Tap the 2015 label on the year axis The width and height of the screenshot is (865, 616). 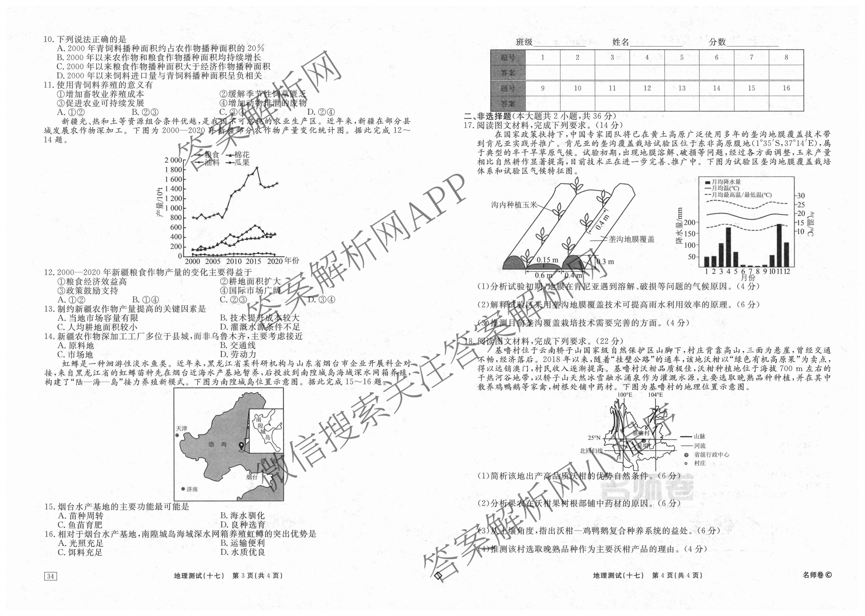(x=253, y=261)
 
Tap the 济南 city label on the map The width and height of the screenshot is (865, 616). (x=192, y=489)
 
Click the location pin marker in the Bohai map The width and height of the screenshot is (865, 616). (x=241, y=446)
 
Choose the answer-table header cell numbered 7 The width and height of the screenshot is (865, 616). (x=751, y=58)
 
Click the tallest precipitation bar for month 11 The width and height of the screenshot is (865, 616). (x=779, y=246)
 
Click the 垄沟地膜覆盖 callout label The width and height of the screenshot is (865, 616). (x=631, y=239)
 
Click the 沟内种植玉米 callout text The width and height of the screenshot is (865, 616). (x=514, y=205)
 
